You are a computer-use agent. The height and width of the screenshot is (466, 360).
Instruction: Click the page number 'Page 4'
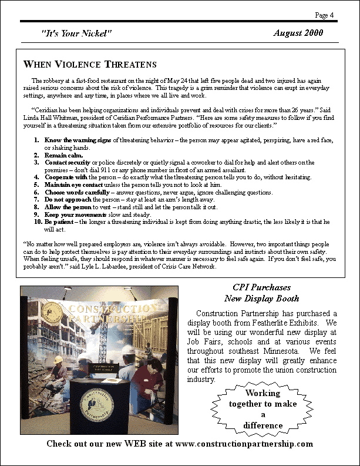[324, 15]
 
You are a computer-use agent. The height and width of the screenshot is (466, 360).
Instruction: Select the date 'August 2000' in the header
[298, 33]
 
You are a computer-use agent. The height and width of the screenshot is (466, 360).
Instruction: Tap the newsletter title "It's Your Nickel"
[76, 33]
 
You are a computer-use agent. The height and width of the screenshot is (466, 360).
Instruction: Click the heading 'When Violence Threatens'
[90, 63]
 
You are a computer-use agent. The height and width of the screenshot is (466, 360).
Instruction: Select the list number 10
[38, 222]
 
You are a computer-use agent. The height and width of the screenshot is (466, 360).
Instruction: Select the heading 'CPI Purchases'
[261, 287]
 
